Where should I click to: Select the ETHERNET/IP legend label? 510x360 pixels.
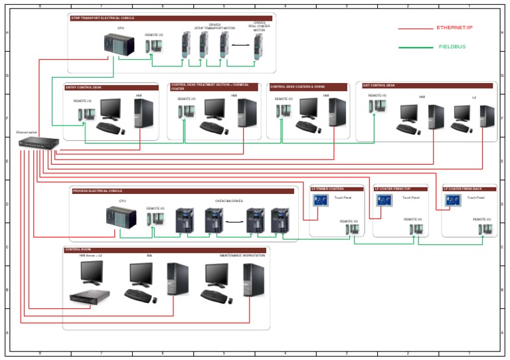tap(454, 28)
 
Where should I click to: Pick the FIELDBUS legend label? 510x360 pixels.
tap(452, 47)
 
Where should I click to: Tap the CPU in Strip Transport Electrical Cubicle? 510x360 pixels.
tap(120, 45)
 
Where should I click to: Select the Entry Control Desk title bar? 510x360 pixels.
tap(110, 87)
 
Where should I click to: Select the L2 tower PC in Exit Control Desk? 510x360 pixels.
tap(487, 117)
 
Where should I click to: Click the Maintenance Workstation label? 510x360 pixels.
tap(242, 255)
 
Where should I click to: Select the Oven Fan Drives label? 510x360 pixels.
tap(228, 201)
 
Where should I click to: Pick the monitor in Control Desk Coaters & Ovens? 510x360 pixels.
tap(308, 108)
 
